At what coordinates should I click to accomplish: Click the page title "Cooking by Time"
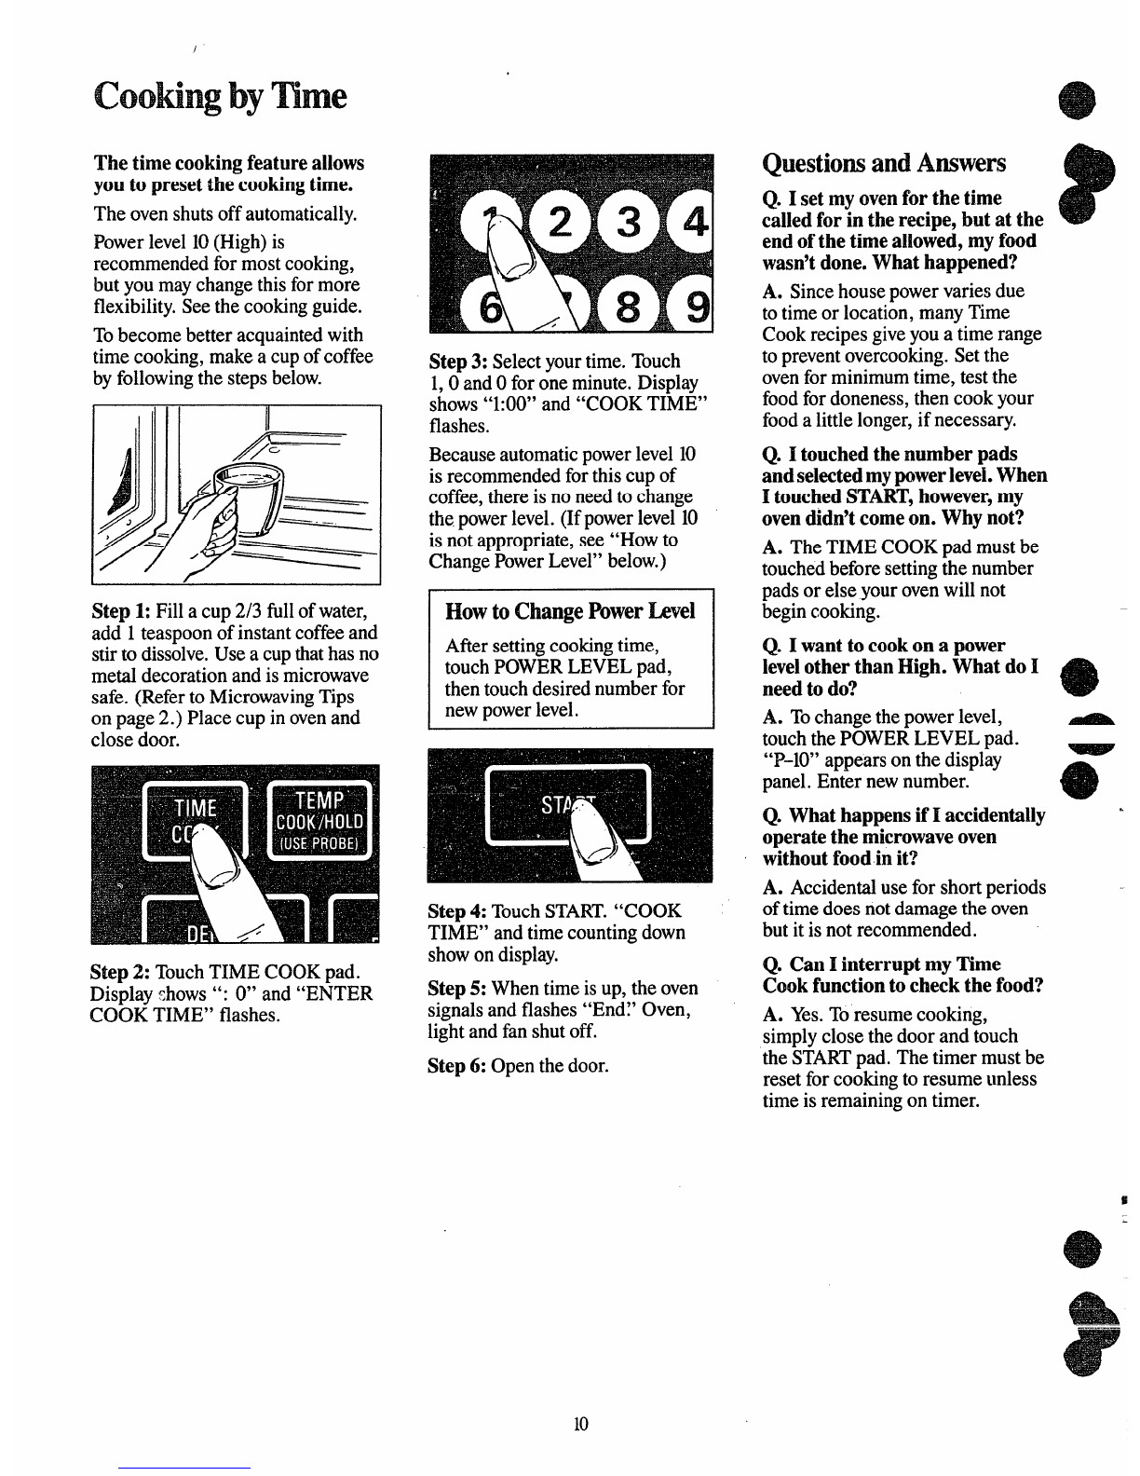click(220, 97)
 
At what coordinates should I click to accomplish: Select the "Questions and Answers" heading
click(883, 163)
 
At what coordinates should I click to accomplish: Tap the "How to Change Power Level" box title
click(570, 611)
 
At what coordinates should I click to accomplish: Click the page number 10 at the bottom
click(580, 1424)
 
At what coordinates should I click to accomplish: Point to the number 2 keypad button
click(560, 222)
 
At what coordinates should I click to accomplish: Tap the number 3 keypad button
click(628, 222)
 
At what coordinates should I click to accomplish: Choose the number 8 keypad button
click(627, 307)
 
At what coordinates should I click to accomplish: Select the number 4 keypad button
click(693, 222)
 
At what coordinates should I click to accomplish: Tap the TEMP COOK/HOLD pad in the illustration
click(319, 821)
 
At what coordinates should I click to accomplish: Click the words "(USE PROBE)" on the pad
click(319, 843)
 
